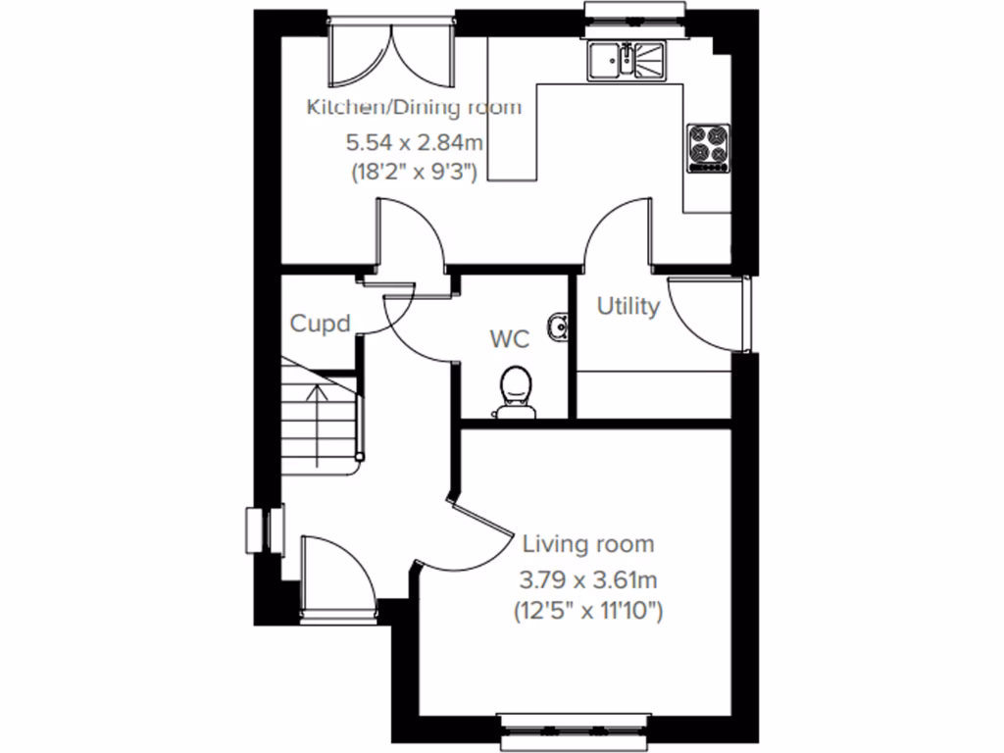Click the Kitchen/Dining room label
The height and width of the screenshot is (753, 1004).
(x=414, y=107)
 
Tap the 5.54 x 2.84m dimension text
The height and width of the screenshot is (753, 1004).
(x=414, y=142)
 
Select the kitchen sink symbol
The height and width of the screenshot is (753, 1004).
(x=627, y=61)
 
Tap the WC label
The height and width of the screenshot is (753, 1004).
(x=510, y=340)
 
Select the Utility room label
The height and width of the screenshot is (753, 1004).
(x=628, y=307)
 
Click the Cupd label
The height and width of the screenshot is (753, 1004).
(x=320, y=324)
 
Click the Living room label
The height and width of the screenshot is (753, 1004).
(x=588, y=544)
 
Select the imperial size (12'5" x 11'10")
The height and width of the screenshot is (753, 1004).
(x=588, y=612)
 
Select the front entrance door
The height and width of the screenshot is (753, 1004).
(x=336, y=578)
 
